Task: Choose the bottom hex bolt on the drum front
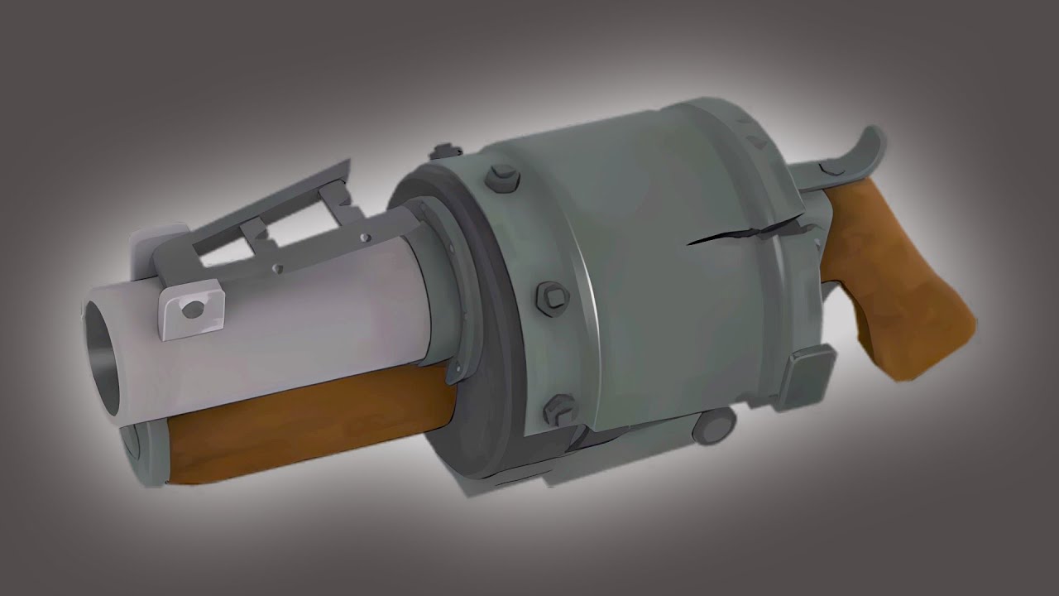pyautogui.click(x=559, y=407)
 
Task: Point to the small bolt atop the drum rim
pyautogui.click(x=445, y=151)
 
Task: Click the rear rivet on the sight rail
pyautogui.click(x=364, y=238)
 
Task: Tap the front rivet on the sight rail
pyautogui.click(x=277, y=268)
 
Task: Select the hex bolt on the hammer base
pyautogui.click(x=831, y=169)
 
